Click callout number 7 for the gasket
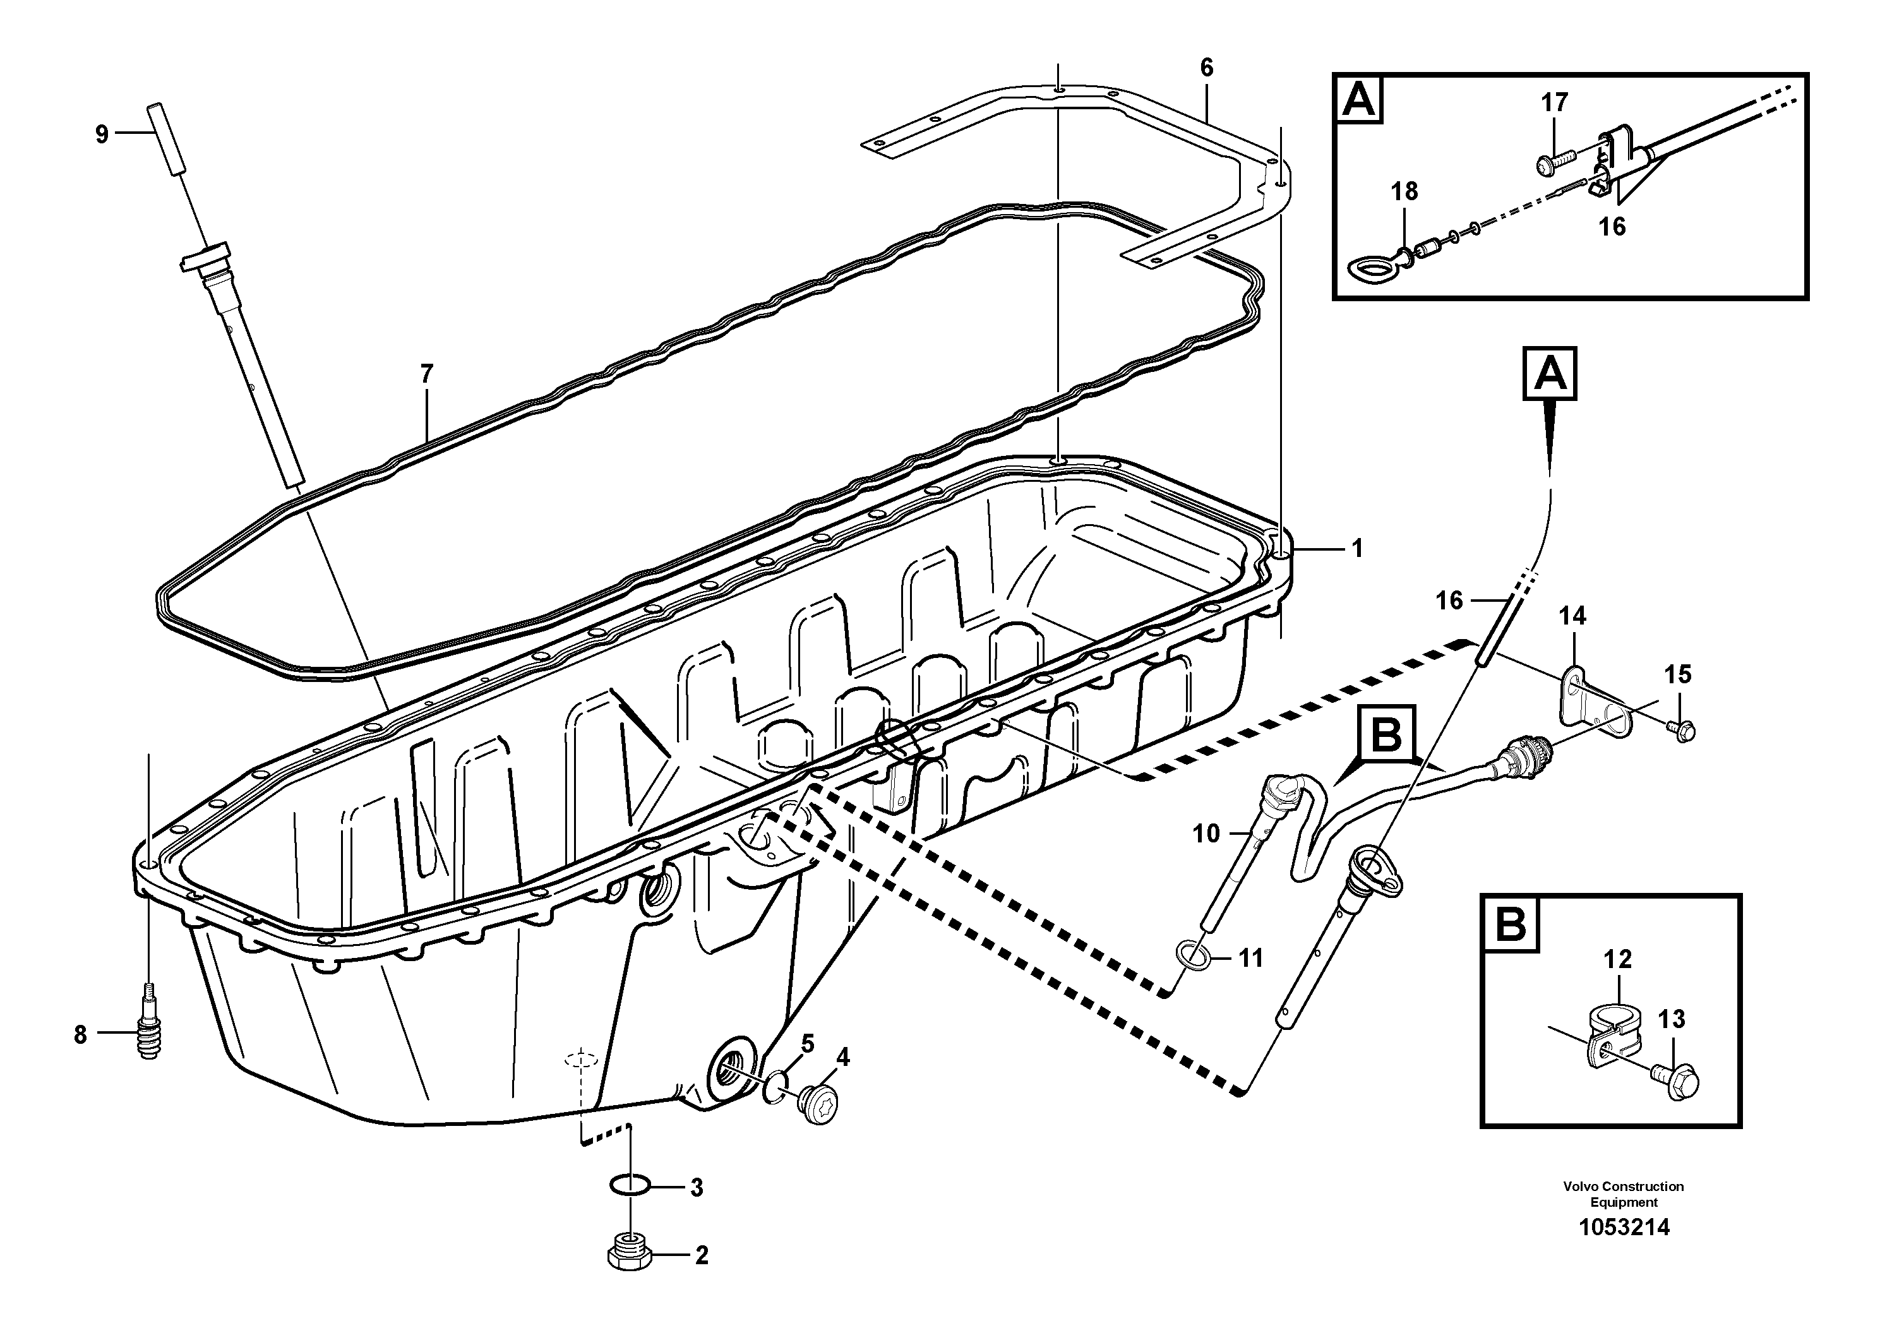tap(426, 374)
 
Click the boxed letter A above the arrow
tap(1549, 375)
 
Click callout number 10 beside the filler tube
tap(1206, 834)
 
